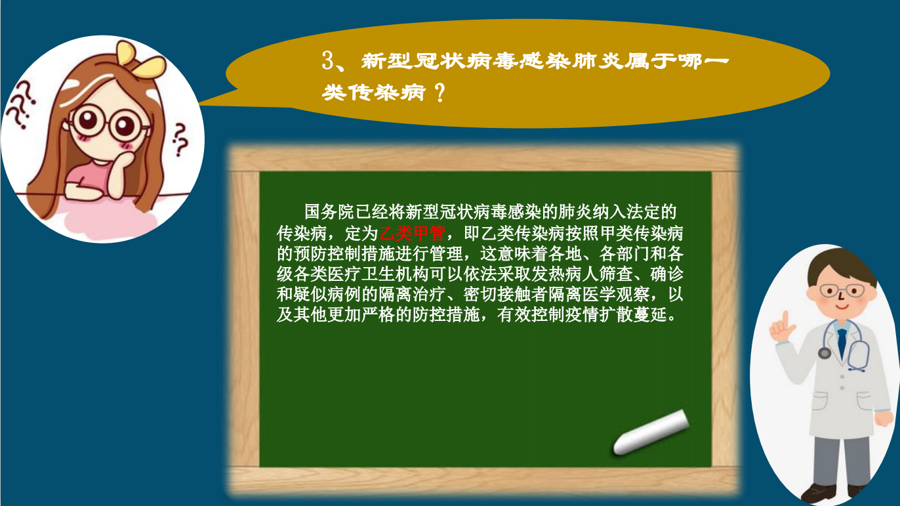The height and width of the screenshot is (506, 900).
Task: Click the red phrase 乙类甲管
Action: (x=413, y=233)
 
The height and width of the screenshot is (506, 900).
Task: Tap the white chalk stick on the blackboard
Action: (x=651, y=432)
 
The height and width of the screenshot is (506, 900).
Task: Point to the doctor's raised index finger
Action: (x=785, y=322)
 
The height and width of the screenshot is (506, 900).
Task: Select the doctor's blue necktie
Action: (x=842, y=343)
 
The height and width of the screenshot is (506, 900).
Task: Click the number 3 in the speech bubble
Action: (x=328, y=61)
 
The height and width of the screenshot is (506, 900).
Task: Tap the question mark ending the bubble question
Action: (x=440, y=93)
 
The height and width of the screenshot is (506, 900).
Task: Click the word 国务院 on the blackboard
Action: (x=329, y=212)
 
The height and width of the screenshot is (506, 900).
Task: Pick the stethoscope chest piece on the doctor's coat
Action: (x=825, y=353)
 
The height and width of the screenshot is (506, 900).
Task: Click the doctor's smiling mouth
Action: (x=842, y=307)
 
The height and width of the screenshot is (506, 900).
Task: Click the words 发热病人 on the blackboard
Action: (x=565, y=274)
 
